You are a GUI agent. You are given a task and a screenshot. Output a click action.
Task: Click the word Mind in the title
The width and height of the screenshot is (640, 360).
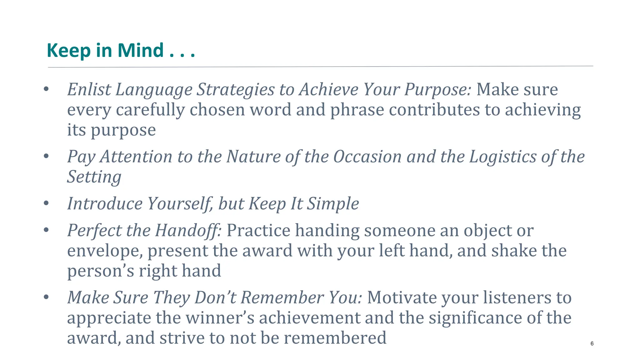(x=140, y=50)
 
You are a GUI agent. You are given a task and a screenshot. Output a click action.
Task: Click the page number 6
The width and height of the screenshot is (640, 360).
(x=592, y=343)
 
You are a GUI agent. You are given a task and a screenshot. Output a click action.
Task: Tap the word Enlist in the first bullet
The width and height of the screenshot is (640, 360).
(x=89, y=89)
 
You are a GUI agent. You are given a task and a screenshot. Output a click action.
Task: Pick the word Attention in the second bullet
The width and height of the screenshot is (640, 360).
(x=136, y=157)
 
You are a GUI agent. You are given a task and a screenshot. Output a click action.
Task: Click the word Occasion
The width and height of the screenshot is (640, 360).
(x=367, y=157)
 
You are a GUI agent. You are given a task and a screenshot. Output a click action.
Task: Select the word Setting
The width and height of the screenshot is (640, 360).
(x=94, y=177)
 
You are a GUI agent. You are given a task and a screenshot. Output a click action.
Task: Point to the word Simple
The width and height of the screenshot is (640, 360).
(x=333, y=204)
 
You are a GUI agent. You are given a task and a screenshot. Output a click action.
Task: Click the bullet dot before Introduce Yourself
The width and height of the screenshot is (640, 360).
(x=46, y=204)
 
